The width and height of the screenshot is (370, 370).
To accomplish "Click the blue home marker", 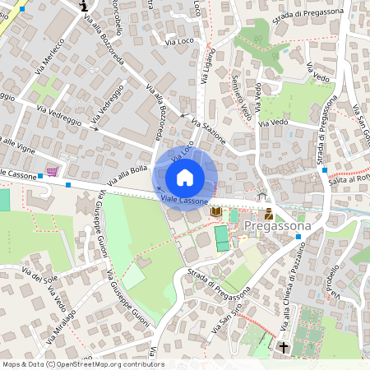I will (185, 178).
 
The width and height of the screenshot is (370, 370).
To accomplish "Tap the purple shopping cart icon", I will (53, 170).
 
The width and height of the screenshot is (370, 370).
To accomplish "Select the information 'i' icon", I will (85, 6).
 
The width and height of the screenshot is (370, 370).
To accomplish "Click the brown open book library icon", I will (216, 212).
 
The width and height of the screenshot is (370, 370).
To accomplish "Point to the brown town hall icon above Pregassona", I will (269, 214).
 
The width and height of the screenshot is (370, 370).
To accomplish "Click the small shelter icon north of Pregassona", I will (261, 195).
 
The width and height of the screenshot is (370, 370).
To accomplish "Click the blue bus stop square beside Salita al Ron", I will (326, 170).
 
